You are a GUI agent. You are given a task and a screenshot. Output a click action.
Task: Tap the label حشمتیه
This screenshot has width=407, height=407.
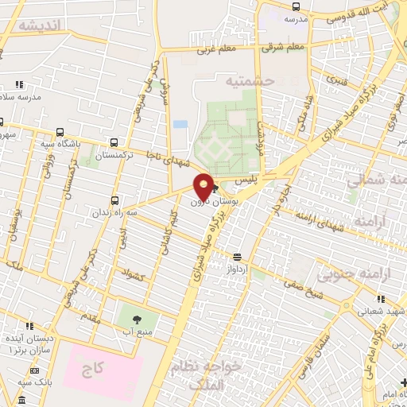249,81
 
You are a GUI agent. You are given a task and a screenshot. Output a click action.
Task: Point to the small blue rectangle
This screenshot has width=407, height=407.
180,125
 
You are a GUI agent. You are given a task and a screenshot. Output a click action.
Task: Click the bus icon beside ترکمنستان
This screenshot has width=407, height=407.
115,142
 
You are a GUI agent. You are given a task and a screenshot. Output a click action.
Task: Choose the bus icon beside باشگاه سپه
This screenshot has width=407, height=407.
60,134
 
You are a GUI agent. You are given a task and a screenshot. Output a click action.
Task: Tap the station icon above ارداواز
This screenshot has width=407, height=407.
236,256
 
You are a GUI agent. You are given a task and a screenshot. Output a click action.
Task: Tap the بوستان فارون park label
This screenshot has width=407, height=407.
208,203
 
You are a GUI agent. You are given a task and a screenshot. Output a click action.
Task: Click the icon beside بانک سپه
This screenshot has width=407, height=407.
35,370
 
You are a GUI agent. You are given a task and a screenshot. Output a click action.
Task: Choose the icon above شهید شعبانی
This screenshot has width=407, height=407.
381,299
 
